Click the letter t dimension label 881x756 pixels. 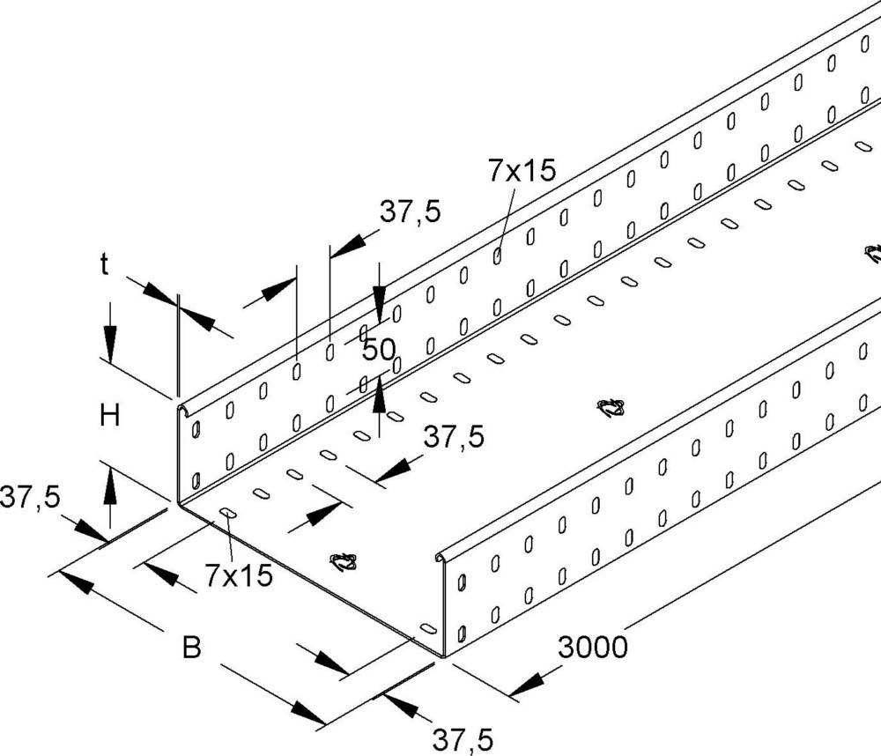pos(105,264)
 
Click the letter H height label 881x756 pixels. pos(109,415)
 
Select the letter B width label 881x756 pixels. pos(191,649)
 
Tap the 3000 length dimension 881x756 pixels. pos(592,648)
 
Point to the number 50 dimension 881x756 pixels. pos(379,350)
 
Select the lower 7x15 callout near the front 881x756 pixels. pos(238,576)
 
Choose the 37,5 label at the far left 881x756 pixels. pos(29,497)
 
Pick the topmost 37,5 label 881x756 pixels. pos(410,211)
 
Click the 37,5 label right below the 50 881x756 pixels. pos(454,437)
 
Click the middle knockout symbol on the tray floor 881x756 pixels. pos(611,407)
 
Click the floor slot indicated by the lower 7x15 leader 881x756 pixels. pos(227,513)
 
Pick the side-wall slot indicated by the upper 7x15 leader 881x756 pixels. pos(498,256)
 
